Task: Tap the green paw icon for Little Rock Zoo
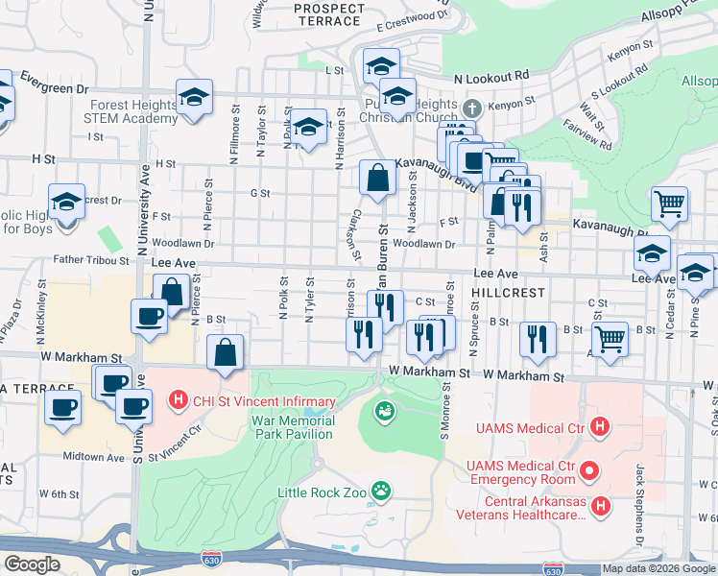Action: [382, 491]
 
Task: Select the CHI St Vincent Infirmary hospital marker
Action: [178, 399]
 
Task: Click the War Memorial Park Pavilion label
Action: [293, 427]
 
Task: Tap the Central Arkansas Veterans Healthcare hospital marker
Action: [601, 506]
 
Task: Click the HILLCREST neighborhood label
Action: [509, 292]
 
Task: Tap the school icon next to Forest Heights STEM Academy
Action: [194, 98]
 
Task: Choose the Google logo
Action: [32, 564]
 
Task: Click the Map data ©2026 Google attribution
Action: [658, 568]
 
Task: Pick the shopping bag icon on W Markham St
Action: [225, 352]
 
